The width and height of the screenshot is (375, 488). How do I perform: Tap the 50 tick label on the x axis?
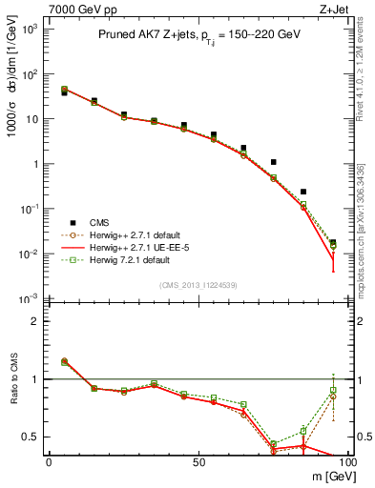198,461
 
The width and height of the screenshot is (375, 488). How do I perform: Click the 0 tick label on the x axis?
49,461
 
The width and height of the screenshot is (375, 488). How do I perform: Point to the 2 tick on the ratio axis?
38,320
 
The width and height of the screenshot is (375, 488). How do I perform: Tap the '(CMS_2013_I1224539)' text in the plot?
198,284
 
